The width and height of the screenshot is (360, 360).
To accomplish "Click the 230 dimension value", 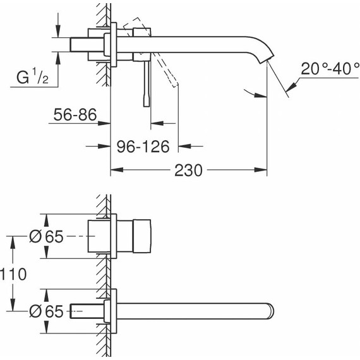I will click(189, 171).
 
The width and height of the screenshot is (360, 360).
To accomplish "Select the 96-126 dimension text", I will click(143, 147).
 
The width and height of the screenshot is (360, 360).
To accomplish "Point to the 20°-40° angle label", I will click(330, 69).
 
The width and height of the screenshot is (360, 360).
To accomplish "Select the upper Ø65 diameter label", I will click(47, 236).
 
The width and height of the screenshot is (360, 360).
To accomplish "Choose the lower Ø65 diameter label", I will click(47, 311).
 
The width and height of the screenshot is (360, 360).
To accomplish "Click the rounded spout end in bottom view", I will click(270, 311).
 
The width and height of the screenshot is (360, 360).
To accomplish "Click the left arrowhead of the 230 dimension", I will click(115, 171).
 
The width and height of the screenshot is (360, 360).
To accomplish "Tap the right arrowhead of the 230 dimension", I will click(263, 171).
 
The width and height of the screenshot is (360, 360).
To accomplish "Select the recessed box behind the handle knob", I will click(99, 236).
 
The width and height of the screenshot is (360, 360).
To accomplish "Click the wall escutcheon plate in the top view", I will click(114, 45).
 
